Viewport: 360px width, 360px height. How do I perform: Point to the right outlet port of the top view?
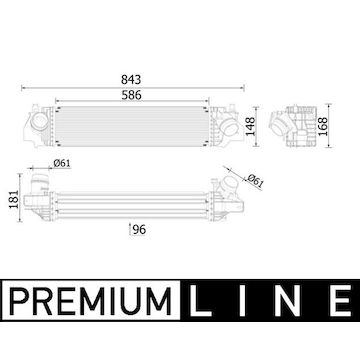coord(228,124)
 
